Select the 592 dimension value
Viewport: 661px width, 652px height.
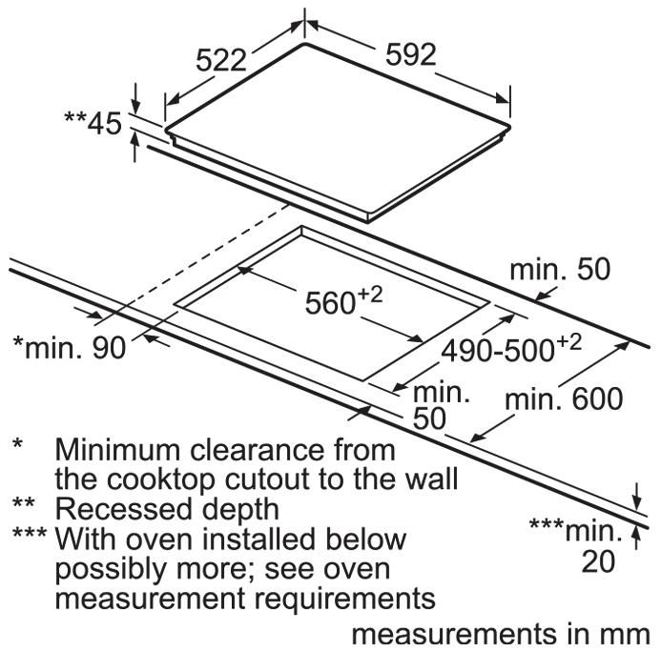pyautogui.click(x=411, y=54)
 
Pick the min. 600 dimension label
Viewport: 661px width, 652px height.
pyautogui.click(x=564, y=397)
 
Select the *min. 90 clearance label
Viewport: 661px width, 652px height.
pyautogui.click(x=69, y=348)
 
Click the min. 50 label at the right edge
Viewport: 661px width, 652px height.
pyautogui.click(x=559, y=270)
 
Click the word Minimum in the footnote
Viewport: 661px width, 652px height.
pyautogui.click(x=117, y=447)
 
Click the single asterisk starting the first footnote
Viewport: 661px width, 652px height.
pyautogui.click(x=18, y=444)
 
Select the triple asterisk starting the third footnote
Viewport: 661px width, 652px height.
pyautogui.click(x=30, y=536)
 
